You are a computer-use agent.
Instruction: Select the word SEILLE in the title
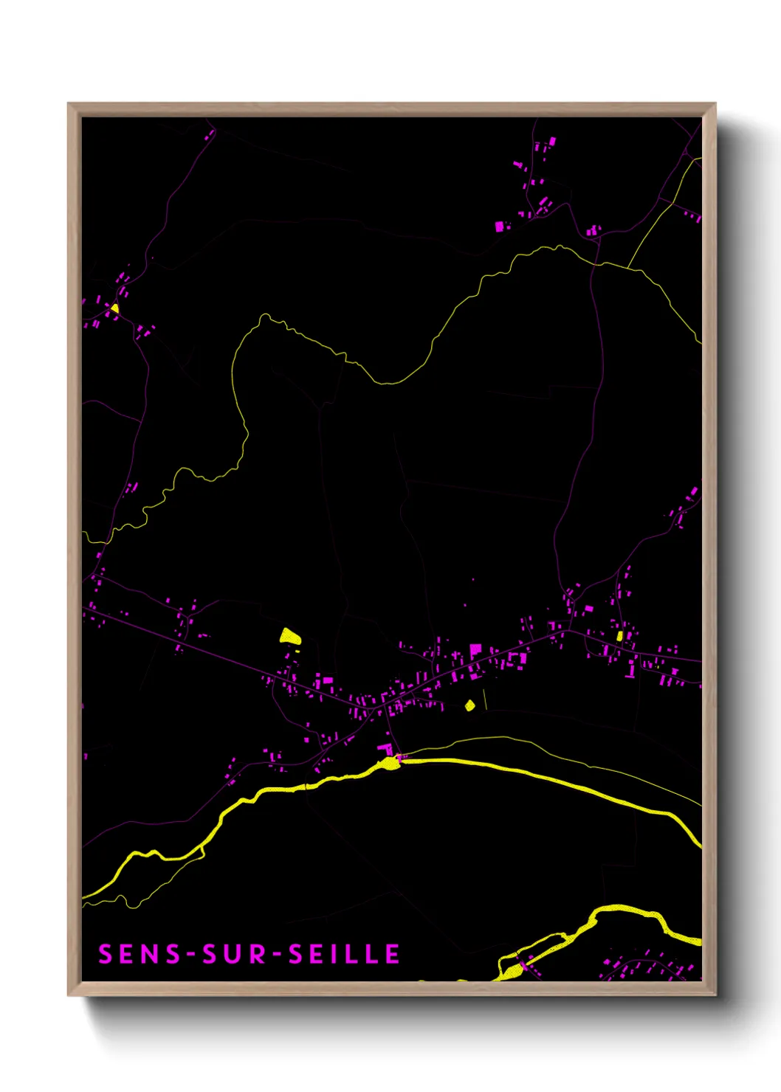pos(344,954)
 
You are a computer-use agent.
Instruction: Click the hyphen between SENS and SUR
pos(192,955)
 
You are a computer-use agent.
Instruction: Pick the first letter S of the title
pos(105,954)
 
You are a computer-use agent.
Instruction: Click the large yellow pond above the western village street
pos(289,635)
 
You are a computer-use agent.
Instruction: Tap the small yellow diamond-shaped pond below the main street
pos(469,705)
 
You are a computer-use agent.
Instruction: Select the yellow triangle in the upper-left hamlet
pos(114,308)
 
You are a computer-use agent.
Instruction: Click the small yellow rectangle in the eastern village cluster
pos(620,636)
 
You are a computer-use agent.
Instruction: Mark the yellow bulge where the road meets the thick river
pos(389,763)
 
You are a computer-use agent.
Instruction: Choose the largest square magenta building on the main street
pos(475,651)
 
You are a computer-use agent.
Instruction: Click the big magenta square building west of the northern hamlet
pos(500,226)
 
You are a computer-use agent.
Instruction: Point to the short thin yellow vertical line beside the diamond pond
pos(485,699)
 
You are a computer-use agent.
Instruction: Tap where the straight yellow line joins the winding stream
pos(627,267)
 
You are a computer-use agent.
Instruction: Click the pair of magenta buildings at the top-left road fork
pos(209,135)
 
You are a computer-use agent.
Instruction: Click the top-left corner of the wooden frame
pos(69,104)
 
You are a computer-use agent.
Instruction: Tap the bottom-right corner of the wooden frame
pos(715,995)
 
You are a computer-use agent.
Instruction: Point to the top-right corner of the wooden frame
pos(715,104)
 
